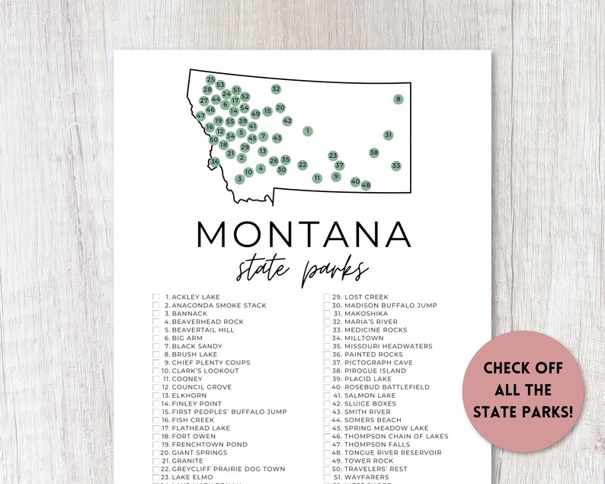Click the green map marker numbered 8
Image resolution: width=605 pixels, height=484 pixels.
pos(398,99)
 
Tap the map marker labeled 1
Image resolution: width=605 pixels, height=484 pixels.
pos(307,131)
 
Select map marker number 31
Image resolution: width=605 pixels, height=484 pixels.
pos(388,135)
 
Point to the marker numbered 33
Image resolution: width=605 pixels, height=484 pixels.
pos(395,165)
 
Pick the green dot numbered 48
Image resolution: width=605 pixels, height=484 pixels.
pos(366,185)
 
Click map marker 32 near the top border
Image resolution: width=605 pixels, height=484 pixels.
pos(276,89)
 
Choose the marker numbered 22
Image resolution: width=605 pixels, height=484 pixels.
pos(302,165)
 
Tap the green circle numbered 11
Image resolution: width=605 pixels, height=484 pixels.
pos(317,178)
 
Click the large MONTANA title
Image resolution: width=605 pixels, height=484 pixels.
pos(303,233)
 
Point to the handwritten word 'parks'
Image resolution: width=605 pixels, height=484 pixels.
pos(335,271)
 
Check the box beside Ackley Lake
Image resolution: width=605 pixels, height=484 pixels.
pos(156,297)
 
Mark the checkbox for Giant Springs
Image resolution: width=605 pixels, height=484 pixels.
pos(156,453)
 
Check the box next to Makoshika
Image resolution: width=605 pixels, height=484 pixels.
pos(327,313)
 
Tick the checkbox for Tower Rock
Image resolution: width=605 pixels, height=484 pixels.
pos(327,461)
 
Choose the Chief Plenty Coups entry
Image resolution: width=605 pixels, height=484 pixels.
pos(206,363)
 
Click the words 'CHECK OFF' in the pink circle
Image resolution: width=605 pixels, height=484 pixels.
pos(523,368)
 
